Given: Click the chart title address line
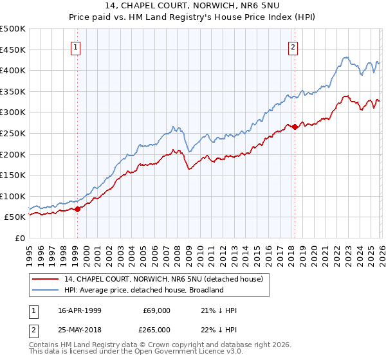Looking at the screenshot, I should coord(193,6).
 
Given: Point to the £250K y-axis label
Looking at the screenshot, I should coord(13,133).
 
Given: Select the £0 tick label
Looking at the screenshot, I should coord(20,238).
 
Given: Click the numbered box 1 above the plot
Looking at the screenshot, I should coord(77,46).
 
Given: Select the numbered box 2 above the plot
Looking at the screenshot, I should coord(293,46).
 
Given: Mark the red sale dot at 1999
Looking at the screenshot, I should coord(78,209).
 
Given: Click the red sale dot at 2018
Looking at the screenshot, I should coord(295,127).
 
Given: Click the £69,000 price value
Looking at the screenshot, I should coord(156,310).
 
